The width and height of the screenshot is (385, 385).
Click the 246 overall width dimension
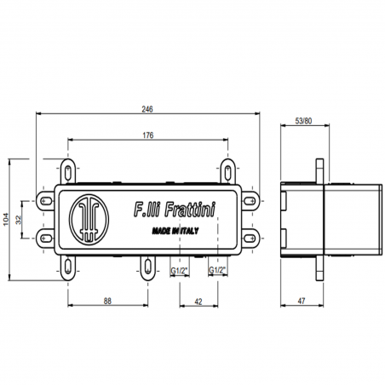coord(149,108)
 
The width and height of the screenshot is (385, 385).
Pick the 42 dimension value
coord(197,300)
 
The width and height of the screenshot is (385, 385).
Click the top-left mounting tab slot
coord(70,168)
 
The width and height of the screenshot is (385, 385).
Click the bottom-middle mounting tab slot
coord(147,266)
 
